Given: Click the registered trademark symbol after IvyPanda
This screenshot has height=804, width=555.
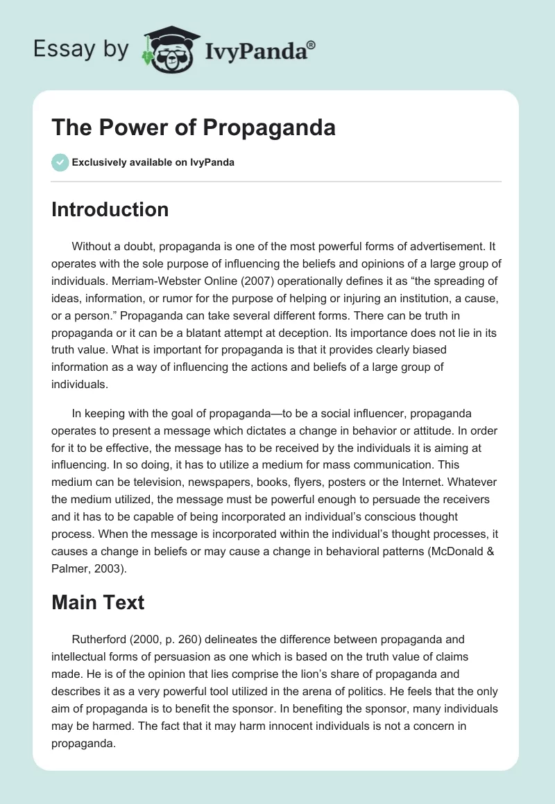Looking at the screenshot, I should (311, 46).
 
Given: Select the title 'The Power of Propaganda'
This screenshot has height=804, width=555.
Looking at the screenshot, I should (194, 128).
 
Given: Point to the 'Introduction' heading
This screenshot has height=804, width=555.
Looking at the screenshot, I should (110, 209).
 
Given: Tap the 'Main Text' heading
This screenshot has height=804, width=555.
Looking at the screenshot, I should (98, 602).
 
